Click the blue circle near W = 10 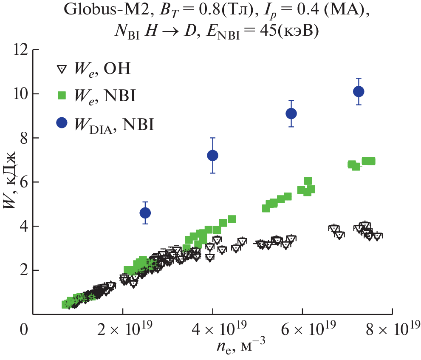tap(359, 91)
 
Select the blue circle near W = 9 tap(291, 113)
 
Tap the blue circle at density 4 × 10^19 tap(212, 156)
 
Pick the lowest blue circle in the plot tap(145, 213)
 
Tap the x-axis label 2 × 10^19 tap(122, 328)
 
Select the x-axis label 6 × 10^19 tap(302, 328)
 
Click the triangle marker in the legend tap(62, 69)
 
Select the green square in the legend tap(62, 96)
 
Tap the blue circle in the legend tap(62, 123)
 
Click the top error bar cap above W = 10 tap(359, 78)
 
